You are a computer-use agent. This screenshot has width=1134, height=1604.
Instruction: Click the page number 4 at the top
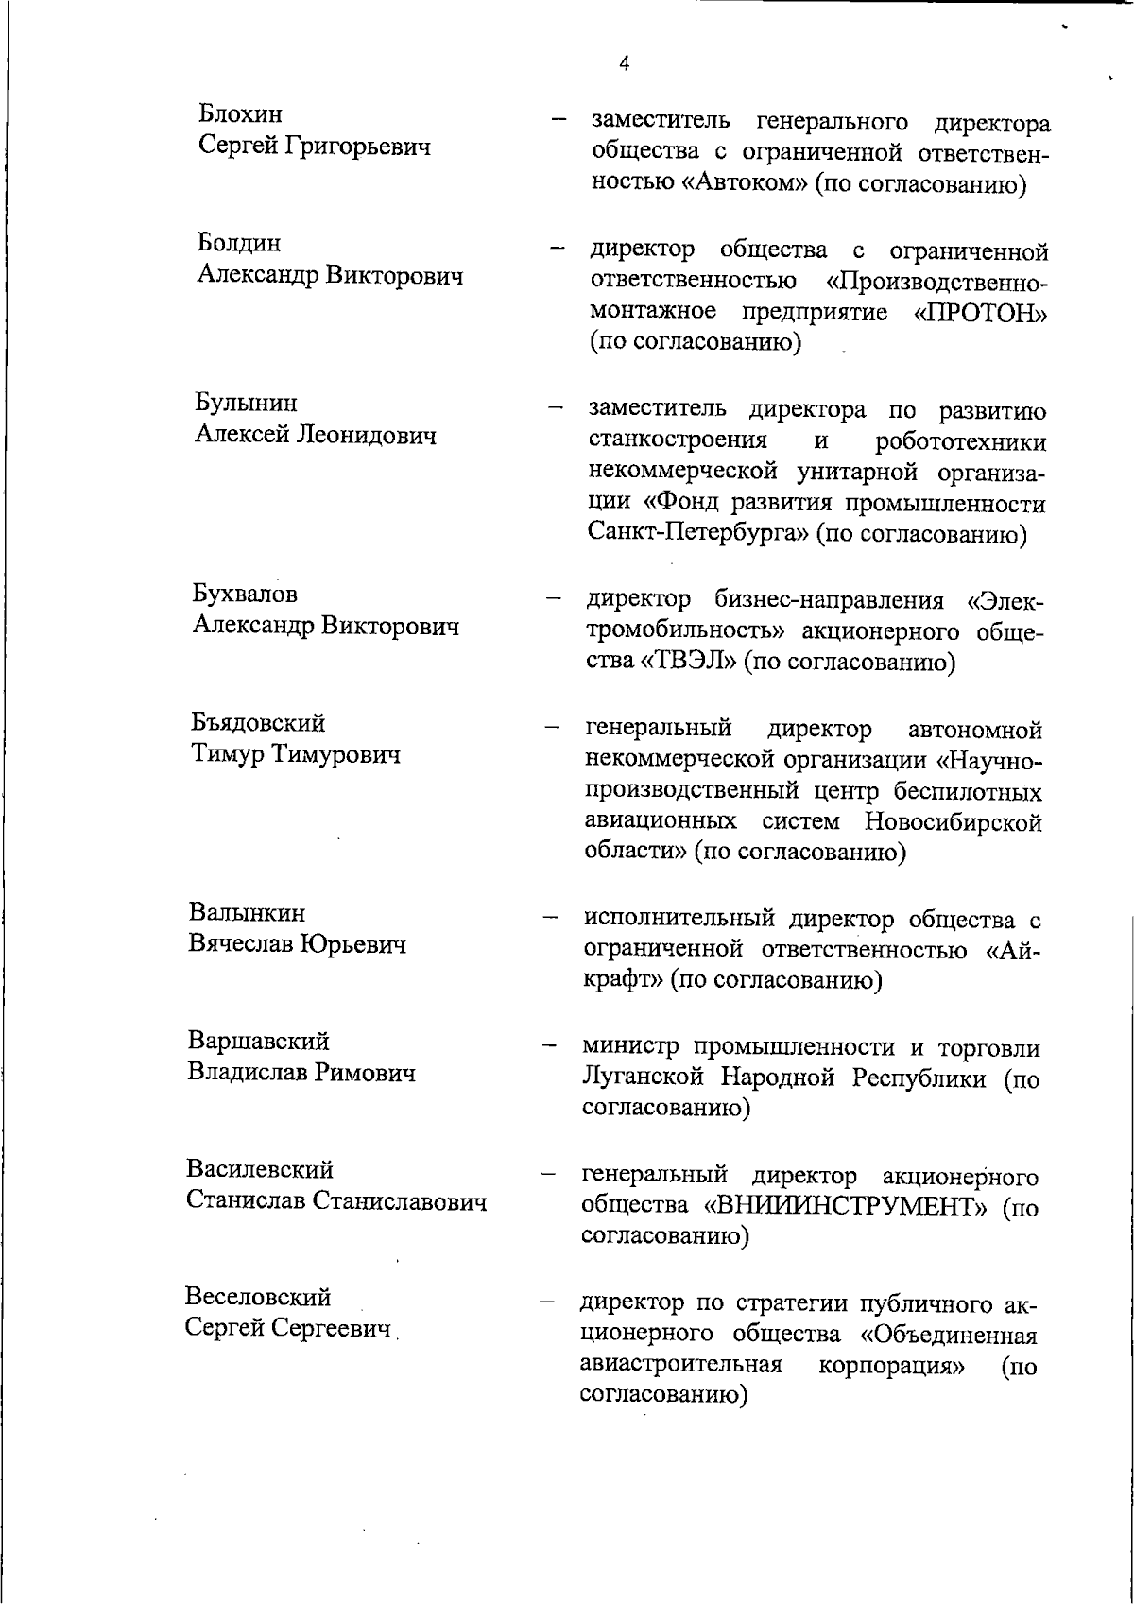(x=624, y=64)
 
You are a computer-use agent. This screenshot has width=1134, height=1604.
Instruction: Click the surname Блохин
(x=240, y=114)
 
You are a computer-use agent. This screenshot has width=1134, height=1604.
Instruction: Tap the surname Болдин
(x=239, y=243)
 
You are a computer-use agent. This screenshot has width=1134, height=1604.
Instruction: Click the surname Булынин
(x=246, y=403)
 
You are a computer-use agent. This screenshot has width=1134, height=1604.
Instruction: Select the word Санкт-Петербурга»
(x=698, y=534)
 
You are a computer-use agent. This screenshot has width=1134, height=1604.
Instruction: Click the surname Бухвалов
(x=245, y=594)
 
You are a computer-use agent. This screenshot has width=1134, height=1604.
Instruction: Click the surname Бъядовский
(x=258, y=723)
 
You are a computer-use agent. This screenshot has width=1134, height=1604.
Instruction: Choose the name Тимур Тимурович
(x=296, y=755)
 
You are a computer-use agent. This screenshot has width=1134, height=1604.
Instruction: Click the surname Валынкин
(x=247, y=913)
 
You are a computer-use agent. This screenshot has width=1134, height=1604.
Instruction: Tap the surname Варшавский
(x=258, y=1042)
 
